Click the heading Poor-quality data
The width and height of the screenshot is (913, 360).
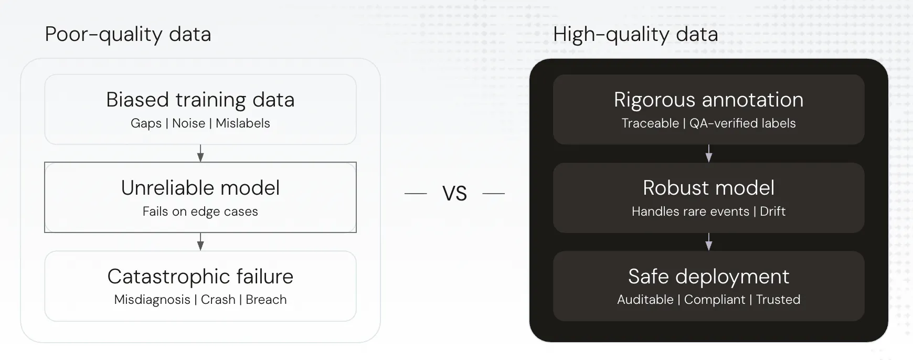click(128, 35)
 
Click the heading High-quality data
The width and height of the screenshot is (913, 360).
click(635, 35)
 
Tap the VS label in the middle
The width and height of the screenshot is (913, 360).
click(454, 194)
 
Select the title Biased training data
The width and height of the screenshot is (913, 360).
click(200, 100)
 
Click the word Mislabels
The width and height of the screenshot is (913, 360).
click(243, 123)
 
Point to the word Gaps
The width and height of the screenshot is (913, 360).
click(146, 123)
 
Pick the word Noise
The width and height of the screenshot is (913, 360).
click(188, 123)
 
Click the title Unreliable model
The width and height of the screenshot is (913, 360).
click(200, 188)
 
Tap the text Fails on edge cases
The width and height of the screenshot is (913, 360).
click(200, 211)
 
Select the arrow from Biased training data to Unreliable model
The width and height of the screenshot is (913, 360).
click(200, 153)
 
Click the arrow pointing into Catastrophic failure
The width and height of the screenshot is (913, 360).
click(200, 241)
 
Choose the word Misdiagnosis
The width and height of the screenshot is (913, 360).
click(152, 300)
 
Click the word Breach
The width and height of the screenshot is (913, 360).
click(266, 300)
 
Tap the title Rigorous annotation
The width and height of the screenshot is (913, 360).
click(708, 100)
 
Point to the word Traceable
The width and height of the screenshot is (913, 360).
click(650, 123)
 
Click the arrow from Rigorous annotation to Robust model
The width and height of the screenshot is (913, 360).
click(709, 153)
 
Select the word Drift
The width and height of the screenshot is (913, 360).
click(772, 211)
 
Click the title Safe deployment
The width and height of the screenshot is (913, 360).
click(708, 277)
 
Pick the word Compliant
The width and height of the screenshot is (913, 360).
click(714, 300)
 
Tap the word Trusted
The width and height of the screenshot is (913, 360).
click(778, 300)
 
